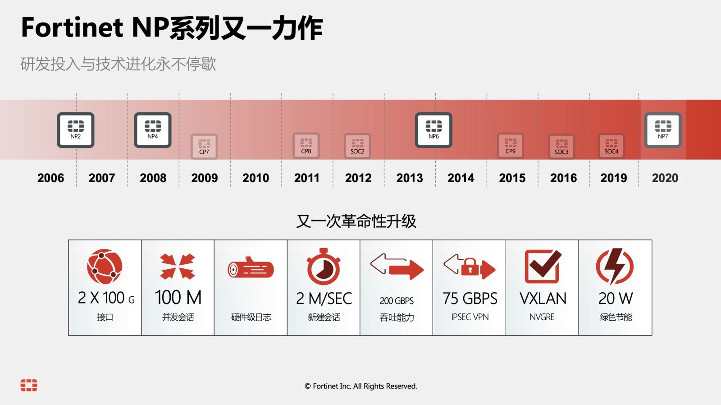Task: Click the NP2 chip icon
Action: click(76, 130)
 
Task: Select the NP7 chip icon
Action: click(663, 130)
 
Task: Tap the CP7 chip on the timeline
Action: click(204, 146)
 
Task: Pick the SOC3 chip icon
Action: click(561, 146)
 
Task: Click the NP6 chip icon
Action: click(434, 130)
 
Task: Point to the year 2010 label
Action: click(256, 178)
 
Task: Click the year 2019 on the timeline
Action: click(613, 178)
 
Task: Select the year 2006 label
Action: click(50, 178)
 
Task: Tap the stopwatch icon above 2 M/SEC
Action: click(324, 267)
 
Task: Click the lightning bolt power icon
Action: click(615, 266)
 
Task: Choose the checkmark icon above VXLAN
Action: click(543, 267)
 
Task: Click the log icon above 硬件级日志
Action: click(251, 267)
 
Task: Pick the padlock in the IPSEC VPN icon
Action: click(470, 267)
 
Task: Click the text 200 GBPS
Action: click(397, 301)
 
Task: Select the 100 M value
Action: click(178, 297)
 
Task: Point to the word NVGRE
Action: click(542, 317)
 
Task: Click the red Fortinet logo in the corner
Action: click(29, 385)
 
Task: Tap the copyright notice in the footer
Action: click(361, 386)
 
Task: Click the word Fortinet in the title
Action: click(72, 27)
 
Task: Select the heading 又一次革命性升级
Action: click(356, 221)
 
